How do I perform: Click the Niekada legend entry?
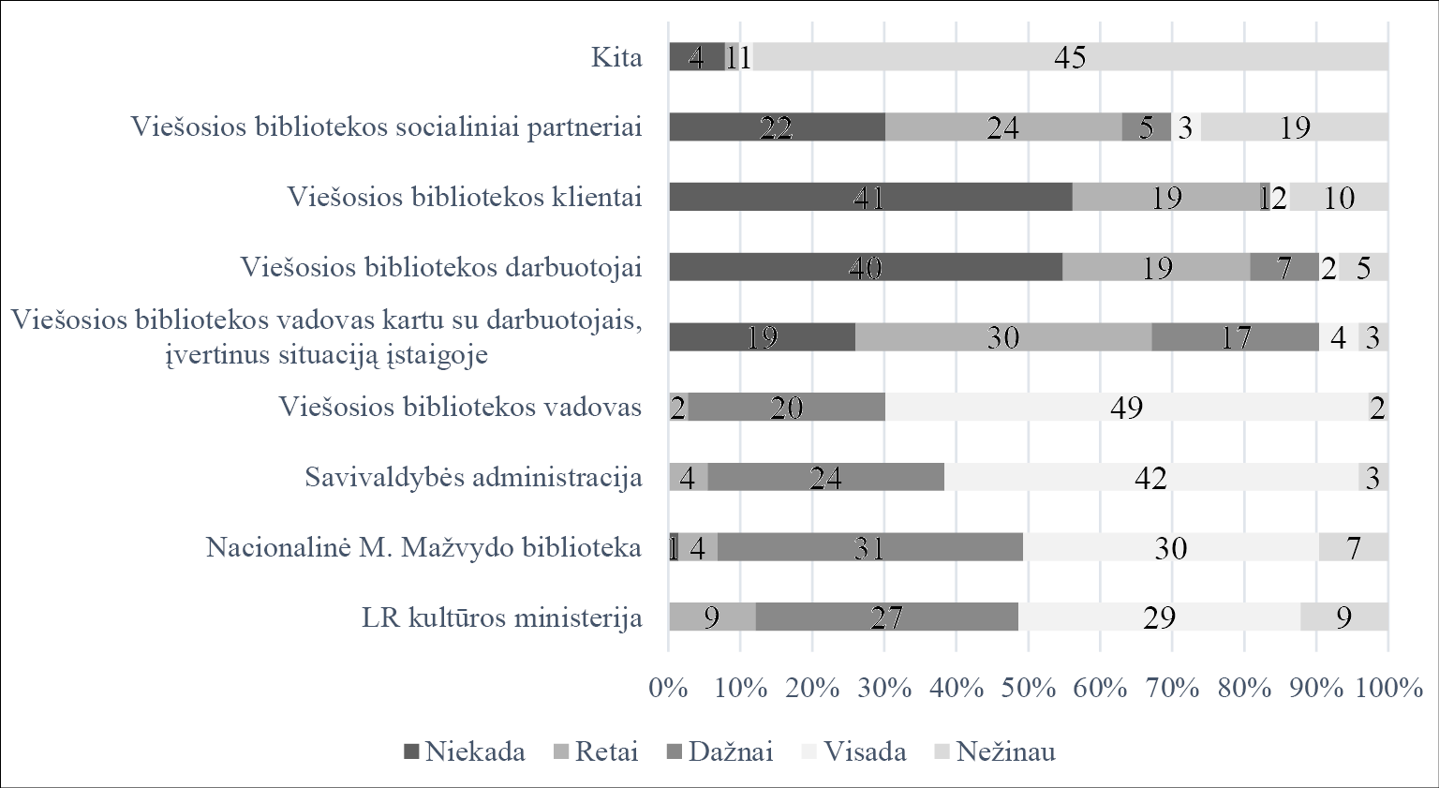pos(464,751)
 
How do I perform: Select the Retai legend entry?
pos(596,751)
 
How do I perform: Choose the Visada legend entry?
pos(853,751)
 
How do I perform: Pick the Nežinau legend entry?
pos(995,751)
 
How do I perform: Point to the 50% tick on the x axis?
pos(1028,688)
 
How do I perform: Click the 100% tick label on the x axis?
pos(1388,688)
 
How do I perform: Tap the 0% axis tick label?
pos(669,688)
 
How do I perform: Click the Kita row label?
pos(616,57)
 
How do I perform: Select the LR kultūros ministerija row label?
pos(502,618)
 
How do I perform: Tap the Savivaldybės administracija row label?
pos(473,477)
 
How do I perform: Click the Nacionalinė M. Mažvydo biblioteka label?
pos(423,547)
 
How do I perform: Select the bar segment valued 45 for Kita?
pos(1070,57)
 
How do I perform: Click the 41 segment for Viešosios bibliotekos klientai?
pos(870,197)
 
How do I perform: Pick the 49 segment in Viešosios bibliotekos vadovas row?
pos(1126,408)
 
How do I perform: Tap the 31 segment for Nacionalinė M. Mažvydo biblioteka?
pos(870,547)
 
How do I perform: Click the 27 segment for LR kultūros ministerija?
pos(886,617)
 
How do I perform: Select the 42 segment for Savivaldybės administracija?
pos(1151,477)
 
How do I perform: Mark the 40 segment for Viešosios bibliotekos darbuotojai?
pos(866,267)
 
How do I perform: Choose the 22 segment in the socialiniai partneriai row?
pos(777,127)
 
